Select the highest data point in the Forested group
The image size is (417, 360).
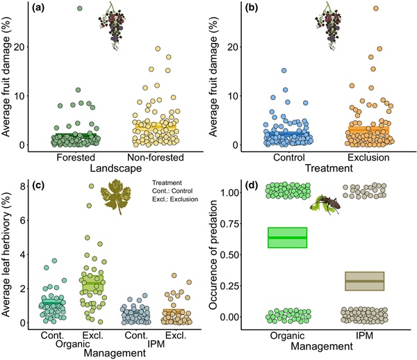pos(80,8)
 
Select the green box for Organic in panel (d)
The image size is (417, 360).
pos(288,238)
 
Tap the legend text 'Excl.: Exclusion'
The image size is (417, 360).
pos(176,198)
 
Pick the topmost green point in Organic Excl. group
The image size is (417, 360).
pos(90,186)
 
